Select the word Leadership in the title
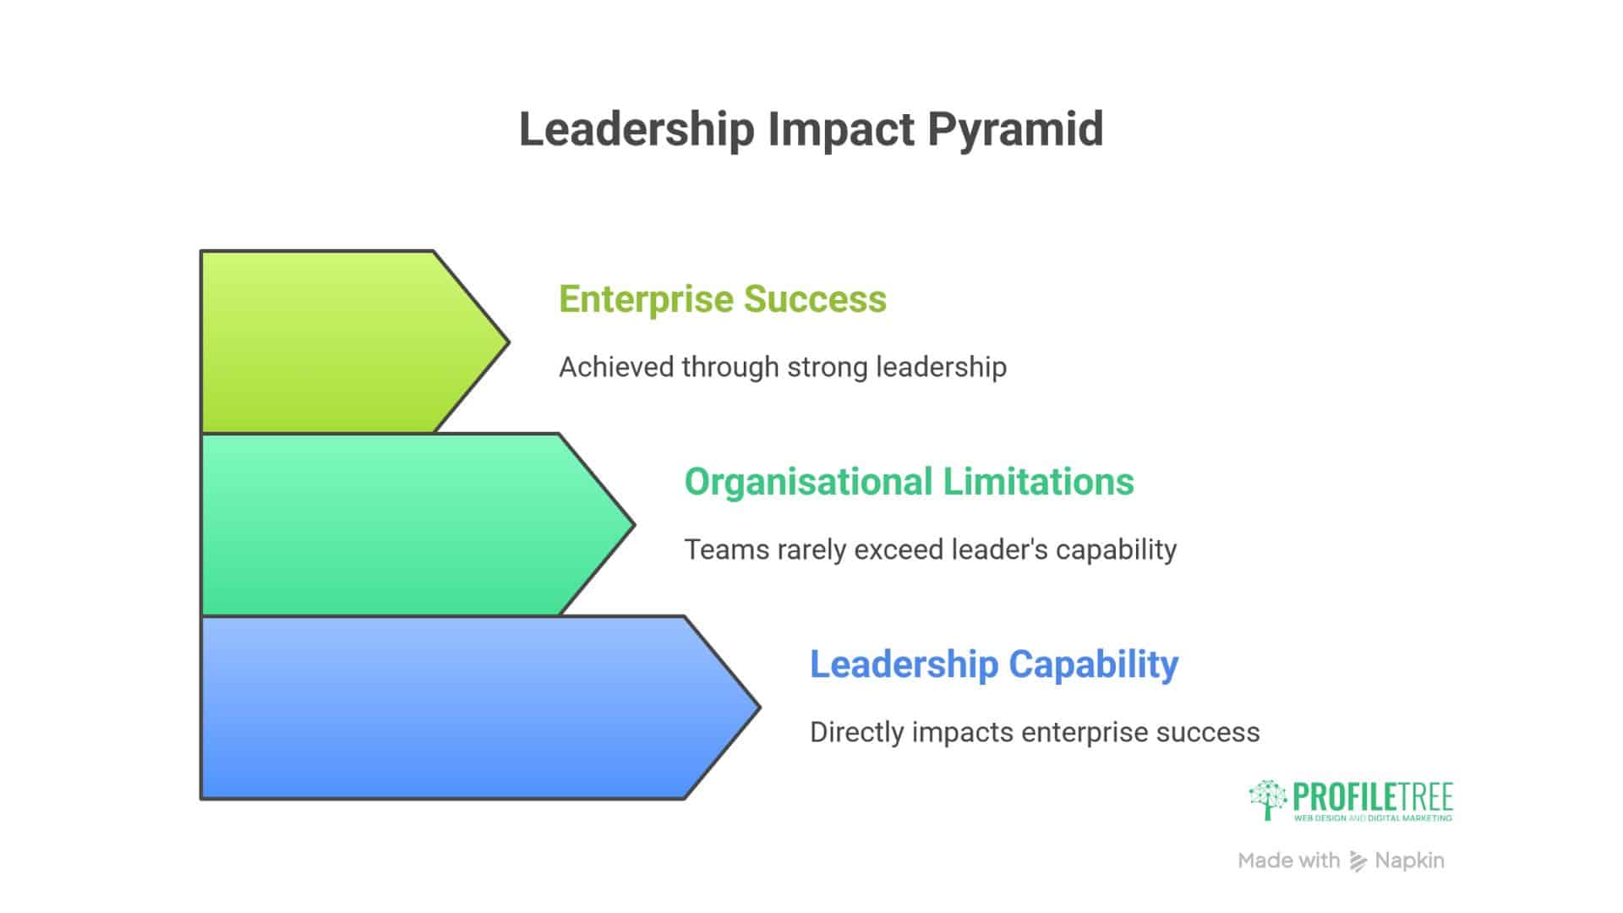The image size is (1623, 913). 636,130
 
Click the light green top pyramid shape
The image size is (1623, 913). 338,342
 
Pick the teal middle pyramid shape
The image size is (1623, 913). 397,525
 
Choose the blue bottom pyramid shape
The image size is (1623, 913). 456,708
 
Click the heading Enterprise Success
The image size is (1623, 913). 723,299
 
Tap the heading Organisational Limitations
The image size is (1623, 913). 909,482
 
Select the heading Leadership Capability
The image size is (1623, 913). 994,664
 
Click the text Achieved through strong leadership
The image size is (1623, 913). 783,367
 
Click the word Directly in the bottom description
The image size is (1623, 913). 856,732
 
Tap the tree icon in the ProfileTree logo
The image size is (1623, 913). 1267,800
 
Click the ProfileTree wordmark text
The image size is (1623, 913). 1373,797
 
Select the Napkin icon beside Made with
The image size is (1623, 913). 1358,861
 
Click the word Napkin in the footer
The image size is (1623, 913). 1409,861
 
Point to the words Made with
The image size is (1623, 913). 1288,861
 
